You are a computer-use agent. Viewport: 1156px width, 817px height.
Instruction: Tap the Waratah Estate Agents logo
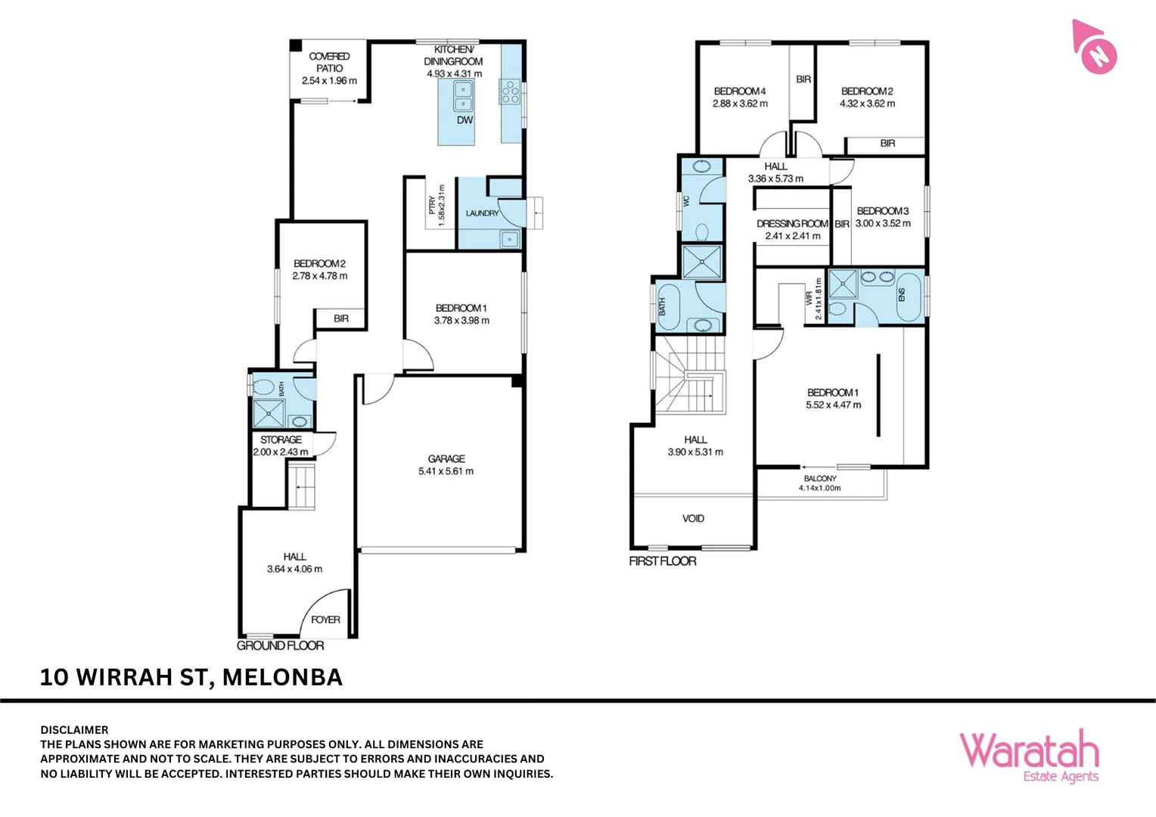click(x=1029, y=756)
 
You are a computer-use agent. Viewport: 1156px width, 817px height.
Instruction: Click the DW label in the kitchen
click(x=465, y=120)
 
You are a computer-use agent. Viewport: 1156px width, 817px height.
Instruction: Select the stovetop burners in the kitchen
click(x=510, y=92)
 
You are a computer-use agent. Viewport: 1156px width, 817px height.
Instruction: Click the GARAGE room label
click(x=446, y=458)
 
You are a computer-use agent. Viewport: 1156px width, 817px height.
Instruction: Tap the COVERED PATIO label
click(x=329, y=62)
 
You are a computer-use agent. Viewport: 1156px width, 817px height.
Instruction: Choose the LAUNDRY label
click(x=482, y=213)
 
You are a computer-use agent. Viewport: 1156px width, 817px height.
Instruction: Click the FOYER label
click(x=325, y=620)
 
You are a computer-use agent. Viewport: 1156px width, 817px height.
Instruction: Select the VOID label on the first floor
click(x=693, y=518)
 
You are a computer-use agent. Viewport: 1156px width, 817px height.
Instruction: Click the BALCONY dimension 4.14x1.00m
click(x=819, y=488)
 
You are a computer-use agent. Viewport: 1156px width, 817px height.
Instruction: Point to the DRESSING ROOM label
click(x=792, y=224)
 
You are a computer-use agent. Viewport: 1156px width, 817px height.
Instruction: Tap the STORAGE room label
click(x=281, y=440)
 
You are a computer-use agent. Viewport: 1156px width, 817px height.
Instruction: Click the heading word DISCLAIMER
click(x=74, y=730)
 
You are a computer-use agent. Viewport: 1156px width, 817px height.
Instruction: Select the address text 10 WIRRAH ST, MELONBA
click(x=191, y=677)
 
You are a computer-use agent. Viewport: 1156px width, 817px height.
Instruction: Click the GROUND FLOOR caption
click(x=280, y=645)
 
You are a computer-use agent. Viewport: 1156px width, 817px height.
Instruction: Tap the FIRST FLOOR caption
click(x=663, y=561)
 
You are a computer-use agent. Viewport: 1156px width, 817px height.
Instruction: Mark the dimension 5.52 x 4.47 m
click(x=833, y=405)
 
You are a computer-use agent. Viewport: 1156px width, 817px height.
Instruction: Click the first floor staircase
click(x=690, y=376)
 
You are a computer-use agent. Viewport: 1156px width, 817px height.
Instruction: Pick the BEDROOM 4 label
click(x=740, y=91)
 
